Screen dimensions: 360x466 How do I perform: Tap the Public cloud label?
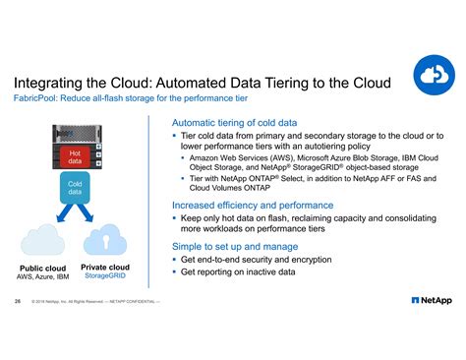pos(42,268)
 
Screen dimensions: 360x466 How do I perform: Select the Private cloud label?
pos(104,267)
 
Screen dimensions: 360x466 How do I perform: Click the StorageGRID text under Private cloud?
pos(104,276)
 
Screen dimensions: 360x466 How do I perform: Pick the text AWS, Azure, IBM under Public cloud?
pos(42,277)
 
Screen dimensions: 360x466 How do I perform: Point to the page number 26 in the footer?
pos(17,301)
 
